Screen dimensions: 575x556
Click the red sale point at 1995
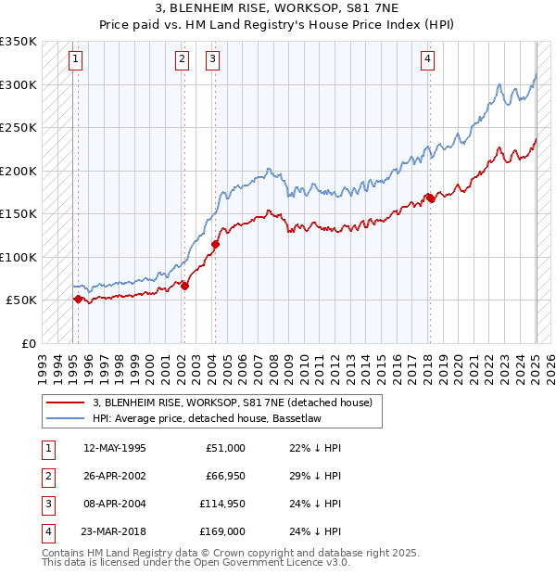pyautogui.click(x=78, y=299)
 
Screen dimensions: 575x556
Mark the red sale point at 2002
pyautogui.click(x=184, y=286)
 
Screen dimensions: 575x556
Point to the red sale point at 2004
pyautogui.click(x=215, y=245)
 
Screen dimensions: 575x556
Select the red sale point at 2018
pyautogui.click(x=430, y=198)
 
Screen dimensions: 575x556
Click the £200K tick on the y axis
pyautogui.click(x=19, y=171)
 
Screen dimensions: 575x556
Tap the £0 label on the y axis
pyautogui.click(x=28, y=343)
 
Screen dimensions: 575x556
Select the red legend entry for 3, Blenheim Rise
pyautogui.click(x=232, y=402)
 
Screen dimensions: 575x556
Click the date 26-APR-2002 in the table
pyautogui.click(x=114, y=476)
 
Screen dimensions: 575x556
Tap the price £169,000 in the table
pyautogui.click(x=222, y=531)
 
